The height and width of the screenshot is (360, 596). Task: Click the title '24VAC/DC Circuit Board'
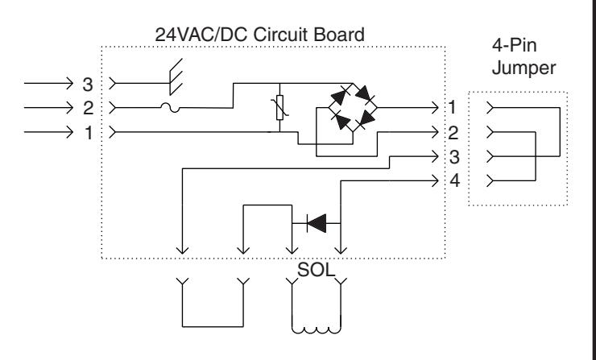coord(259,35)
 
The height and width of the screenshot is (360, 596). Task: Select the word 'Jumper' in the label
coord(524,68)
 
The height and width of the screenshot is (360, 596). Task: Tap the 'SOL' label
coord(316,270)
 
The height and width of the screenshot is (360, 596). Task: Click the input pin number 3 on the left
coord(88,85)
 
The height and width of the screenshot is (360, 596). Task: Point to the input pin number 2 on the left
coord(88,109)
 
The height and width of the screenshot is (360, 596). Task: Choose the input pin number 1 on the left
coord(89,133)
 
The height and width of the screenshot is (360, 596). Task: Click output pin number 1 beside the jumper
coord(452,107)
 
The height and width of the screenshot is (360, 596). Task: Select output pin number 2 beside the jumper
coord(453,133)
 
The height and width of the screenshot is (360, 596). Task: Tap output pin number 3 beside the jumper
coord(454,157)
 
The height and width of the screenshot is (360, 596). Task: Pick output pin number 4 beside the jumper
coord(454,180)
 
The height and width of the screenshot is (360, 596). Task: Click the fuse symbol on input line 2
coord(170,108)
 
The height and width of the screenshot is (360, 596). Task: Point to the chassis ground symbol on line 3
coord(176,77)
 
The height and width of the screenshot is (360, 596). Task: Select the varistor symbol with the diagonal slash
coord(279,108)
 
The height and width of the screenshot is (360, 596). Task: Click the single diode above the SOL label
coord(317,223)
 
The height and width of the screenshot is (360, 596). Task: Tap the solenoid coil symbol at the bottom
coord(317,329)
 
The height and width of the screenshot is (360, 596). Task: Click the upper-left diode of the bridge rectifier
coord(340,95)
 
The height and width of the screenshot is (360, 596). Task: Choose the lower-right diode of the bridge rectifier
coord(365,120)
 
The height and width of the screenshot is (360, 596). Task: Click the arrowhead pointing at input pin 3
coord(69,83)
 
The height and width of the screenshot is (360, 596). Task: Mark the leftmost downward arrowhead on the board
coord(183,250)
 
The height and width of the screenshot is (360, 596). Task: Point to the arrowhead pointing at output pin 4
coord(434,181)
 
